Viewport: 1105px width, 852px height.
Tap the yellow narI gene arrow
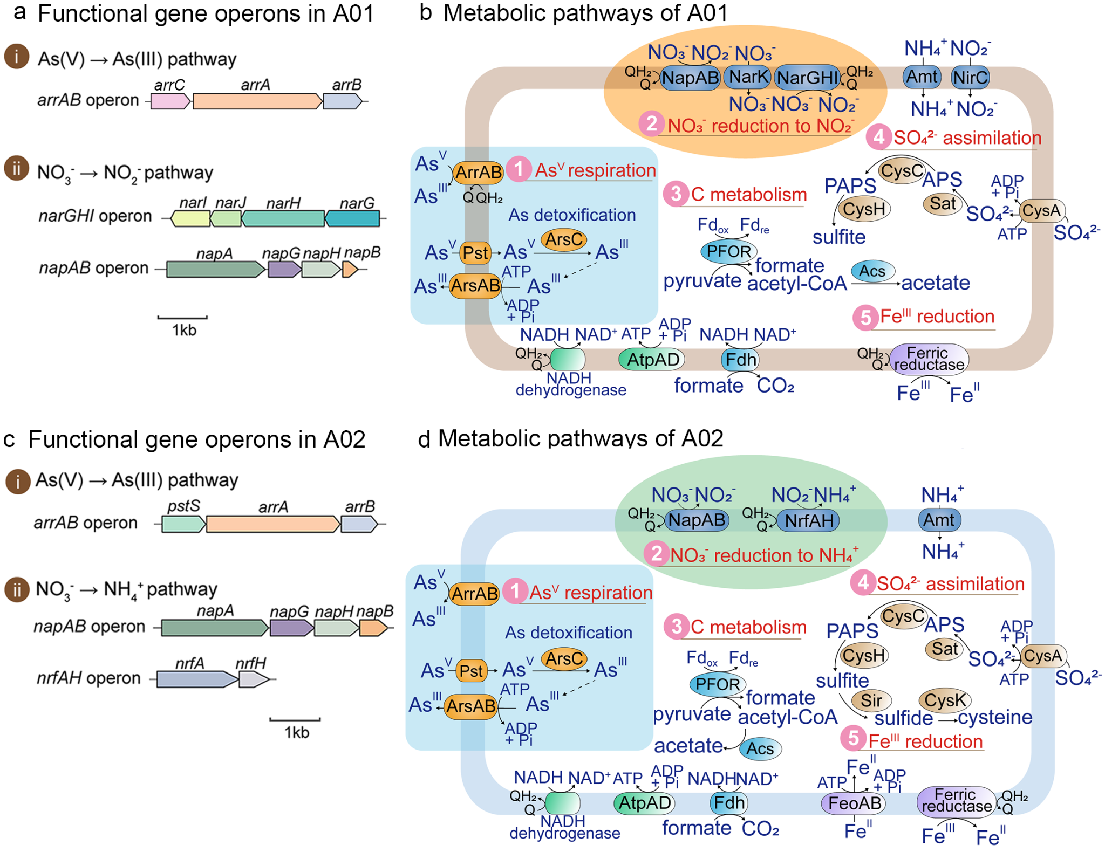[x=190, y=218]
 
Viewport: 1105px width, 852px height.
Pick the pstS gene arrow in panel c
[x=183, y=524]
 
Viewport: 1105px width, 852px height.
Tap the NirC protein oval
[x=970, y=78]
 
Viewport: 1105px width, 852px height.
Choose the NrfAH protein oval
[x=809, y=520]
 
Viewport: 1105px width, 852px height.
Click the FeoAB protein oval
[x=855, y=803]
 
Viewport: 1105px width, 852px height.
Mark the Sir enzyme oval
[x=871, y=700]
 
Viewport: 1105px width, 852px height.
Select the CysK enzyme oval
[x=945, y=700]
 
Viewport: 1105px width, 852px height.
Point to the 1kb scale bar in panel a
[x=182, y=318]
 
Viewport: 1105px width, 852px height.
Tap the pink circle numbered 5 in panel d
[x=853, y=738]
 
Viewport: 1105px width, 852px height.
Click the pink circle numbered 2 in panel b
[x=651, y=124]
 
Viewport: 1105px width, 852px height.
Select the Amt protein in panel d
[x=939, y=520]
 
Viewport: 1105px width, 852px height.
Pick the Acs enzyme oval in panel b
[x=872, y=271]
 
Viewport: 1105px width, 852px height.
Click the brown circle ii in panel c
[x=17, y=590]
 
